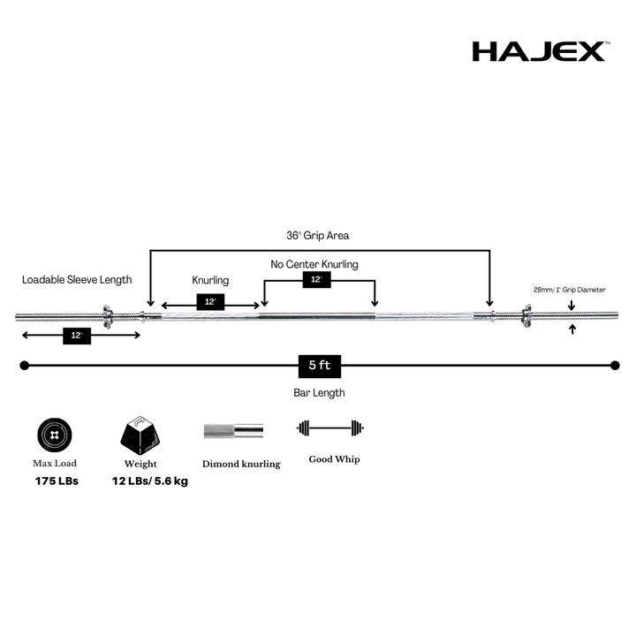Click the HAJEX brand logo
[541, 51]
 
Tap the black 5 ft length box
[320, 367]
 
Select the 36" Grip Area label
[318, 236]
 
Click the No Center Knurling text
[314, 264]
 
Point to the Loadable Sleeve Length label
[77, 280]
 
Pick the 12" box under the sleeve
[77, 336]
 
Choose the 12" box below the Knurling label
[210, 302]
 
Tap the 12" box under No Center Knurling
[317, 279]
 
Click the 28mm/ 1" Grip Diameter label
[570, 290]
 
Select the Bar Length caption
[319, 392]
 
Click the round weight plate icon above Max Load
[55, 435]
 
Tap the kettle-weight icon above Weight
[140, 435]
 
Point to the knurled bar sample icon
[233, 431]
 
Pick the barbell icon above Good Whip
[330, 428]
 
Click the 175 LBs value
[57, 481]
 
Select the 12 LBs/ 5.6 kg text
[150, 481]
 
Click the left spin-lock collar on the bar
[107, 316]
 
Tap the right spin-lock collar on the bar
[526, 316]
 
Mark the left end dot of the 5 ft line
[25, 366]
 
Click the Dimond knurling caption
[241, 464]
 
